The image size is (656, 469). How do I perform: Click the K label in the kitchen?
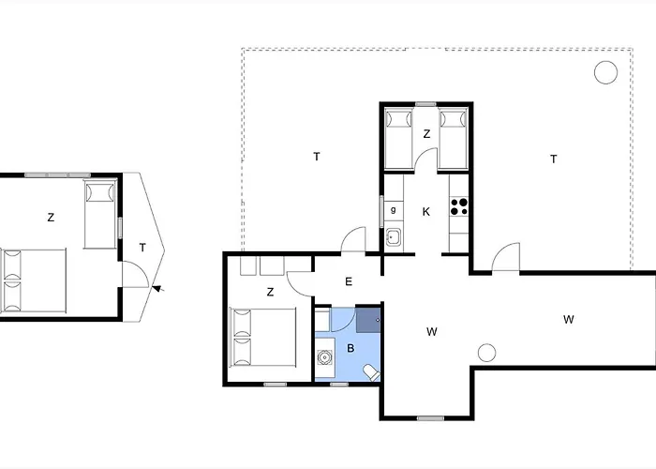coord(425,212)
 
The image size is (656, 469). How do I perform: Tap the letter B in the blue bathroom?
coord(350,348)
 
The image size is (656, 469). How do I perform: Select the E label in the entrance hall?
coord(349,281)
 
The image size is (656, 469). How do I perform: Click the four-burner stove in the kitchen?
coord(459,207)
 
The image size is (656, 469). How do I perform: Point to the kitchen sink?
coord(393,238)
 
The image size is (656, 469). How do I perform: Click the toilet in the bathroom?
coord(371,372)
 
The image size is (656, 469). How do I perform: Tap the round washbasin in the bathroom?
coord(324,357)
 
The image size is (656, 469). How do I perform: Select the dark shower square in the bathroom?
coord(368,321)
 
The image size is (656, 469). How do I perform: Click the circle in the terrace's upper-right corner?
coord(605,72)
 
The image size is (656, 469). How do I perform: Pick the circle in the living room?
coord(486,353)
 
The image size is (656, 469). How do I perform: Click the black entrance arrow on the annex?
coord(157,288)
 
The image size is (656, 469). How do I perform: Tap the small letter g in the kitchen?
coord(393,210)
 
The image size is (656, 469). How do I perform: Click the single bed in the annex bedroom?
coord(100,214)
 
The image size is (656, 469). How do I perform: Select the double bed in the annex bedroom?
coord(34,280)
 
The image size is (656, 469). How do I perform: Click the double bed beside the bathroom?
coord(263,338)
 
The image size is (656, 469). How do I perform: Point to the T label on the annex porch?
coord(142,248)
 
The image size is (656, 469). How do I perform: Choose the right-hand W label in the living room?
coord(568,320)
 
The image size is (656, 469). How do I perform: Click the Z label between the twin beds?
coord(426,134)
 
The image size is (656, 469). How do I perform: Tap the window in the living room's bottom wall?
coord(430,418)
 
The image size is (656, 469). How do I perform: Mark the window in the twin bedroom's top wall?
coord(425,104)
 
